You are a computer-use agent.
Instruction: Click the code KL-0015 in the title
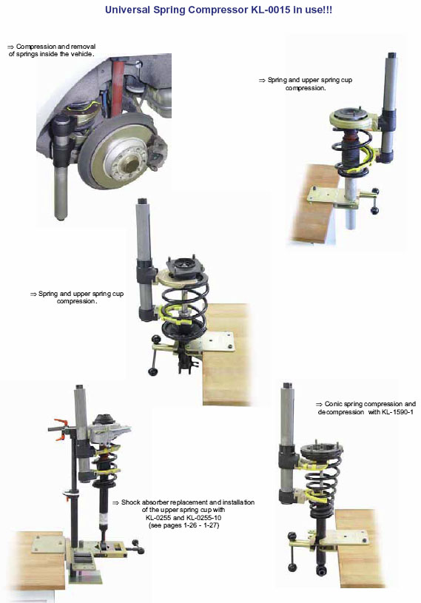(x=271, y=10)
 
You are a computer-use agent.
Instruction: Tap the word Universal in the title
(x=127, y=10)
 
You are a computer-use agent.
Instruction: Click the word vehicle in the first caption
(x=81, y=54)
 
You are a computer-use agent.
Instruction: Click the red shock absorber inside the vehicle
(x=117, y=88)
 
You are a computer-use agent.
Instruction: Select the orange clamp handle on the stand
(x=60, y=429)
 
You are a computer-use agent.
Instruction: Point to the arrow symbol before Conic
(x=319, y=405)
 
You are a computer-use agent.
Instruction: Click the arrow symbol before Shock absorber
(x=115, y=502)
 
